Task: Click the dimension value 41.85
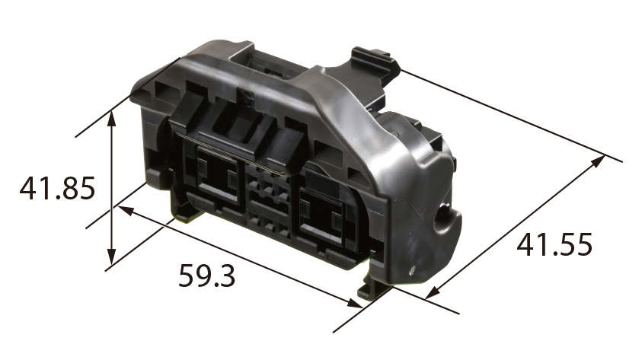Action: tap(57, 188)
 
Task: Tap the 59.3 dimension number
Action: tap(207, 276)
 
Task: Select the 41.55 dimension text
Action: tap(554, 244)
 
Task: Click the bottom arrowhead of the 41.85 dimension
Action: tap(112, 258)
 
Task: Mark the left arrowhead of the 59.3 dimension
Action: tap(126, 211)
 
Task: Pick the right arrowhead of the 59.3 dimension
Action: tap(355, 303)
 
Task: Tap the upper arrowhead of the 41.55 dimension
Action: tap(598, 161)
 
